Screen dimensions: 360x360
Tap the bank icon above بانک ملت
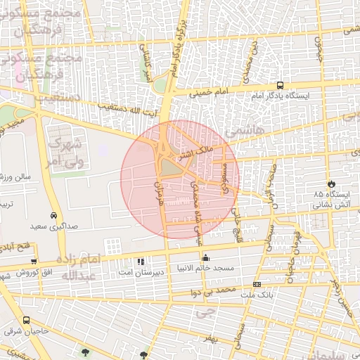click(x=257, y=284)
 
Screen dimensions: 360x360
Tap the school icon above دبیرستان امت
click(x=141, y=261)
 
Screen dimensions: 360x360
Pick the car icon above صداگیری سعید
click(x=53, y=216)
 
